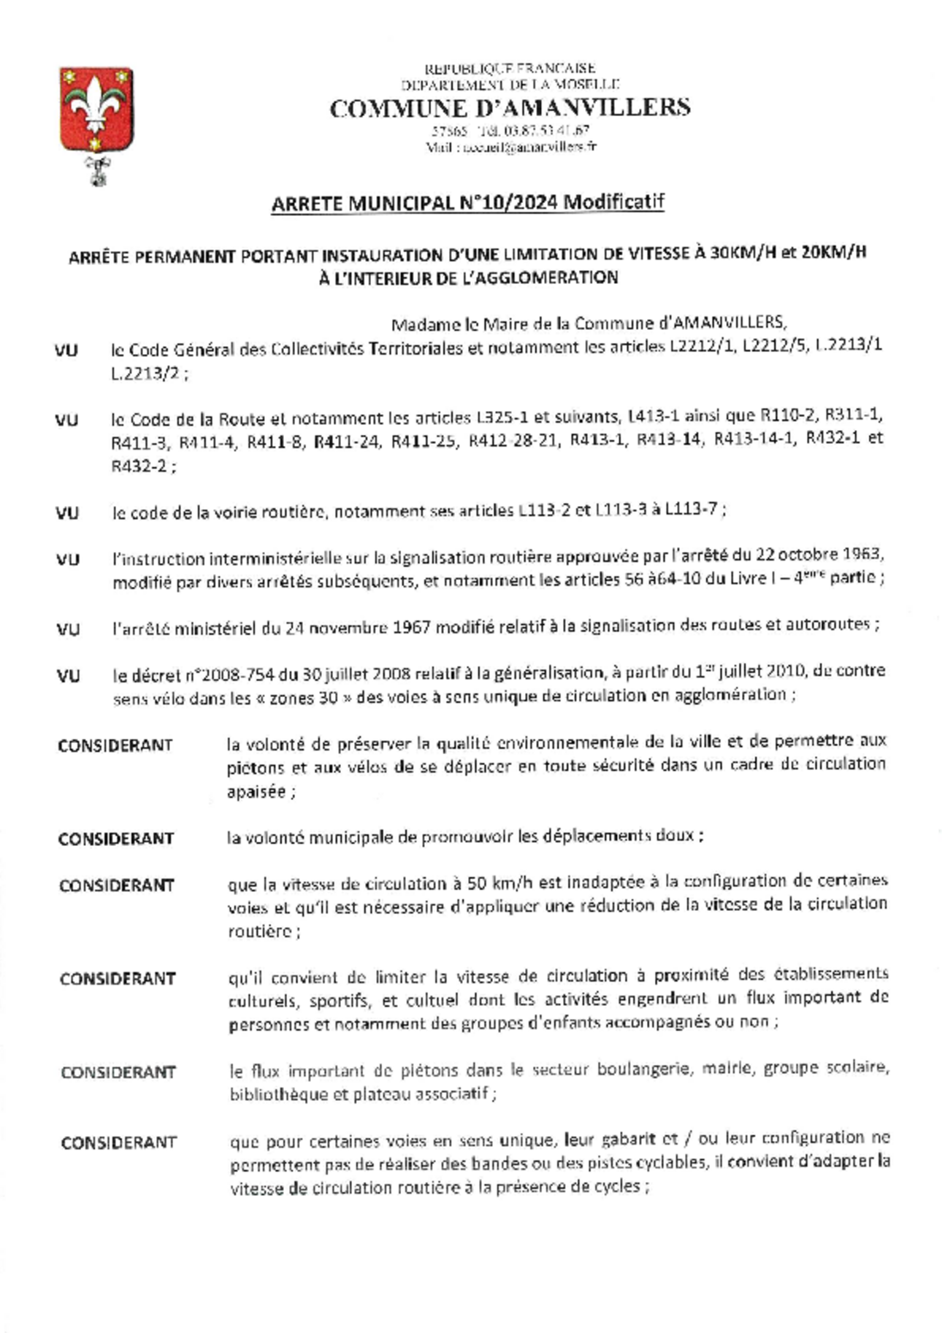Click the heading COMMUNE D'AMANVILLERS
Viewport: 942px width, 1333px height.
[x=510, y=109]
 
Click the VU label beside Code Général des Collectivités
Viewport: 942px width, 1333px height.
[x=66, y=350]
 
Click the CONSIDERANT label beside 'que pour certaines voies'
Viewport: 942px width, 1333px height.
[x=119, y=1142]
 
